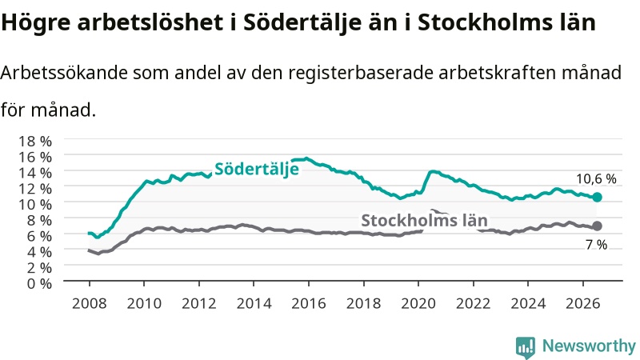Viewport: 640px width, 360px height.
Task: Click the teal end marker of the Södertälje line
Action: click(597, 197)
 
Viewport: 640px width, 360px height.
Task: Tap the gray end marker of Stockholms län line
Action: click(597, 226)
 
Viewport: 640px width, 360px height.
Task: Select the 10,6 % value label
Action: click(596, 178)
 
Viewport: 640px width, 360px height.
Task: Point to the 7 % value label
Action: click(596, 245)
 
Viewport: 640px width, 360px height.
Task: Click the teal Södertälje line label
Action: click(257, 169)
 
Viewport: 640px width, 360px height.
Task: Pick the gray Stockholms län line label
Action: click(425, 221)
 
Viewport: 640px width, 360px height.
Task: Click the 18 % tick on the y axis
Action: click(35, 142)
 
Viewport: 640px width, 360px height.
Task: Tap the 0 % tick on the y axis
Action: click(39, 283)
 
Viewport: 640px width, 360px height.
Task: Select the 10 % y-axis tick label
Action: click(35, 204)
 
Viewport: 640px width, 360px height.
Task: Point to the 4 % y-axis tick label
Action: click(39, 252)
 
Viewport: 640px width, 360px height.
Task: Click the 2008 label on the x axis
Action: click(90, 304)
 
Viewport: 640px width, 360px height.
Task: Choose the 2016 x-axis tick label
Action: click(309, 304)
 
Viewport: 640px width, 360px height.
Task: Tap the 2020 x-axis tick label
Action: click(418, 304)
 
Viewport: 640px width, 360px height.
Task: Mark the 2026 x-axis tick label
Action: click(583, 304)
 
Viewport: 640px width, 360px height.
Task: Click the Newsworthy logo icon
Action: click(526, 347)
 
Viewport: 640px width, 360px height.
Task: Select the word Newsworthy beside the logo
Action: click(589, 346)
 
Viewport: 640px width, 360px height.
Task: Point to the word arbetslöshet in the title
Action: click(150, 22)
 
